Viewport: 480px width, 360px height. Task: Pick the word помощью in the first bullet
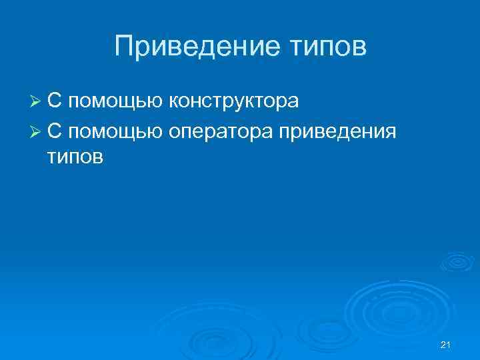[x=114, y=103]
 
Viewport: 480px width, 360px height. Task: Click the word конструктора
[x=233, y=102]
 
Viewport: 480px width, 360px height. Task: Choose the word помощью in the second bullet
[x=114, y=132]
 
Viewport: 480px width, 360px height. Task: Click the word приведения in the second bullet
[x=338, y=132]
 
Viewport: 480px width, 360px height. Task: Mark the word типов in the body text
[x=75, y=160]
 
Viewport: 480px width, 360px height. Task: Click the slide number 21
[x=447, y=343]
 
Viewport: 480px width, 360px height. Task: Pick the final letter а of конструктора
[x=293, y=102]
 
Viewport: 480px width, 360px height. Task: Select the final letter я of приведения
[x=390, y=131]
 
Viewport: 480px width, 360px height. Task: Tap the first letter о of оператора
[x=175, y=131]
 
